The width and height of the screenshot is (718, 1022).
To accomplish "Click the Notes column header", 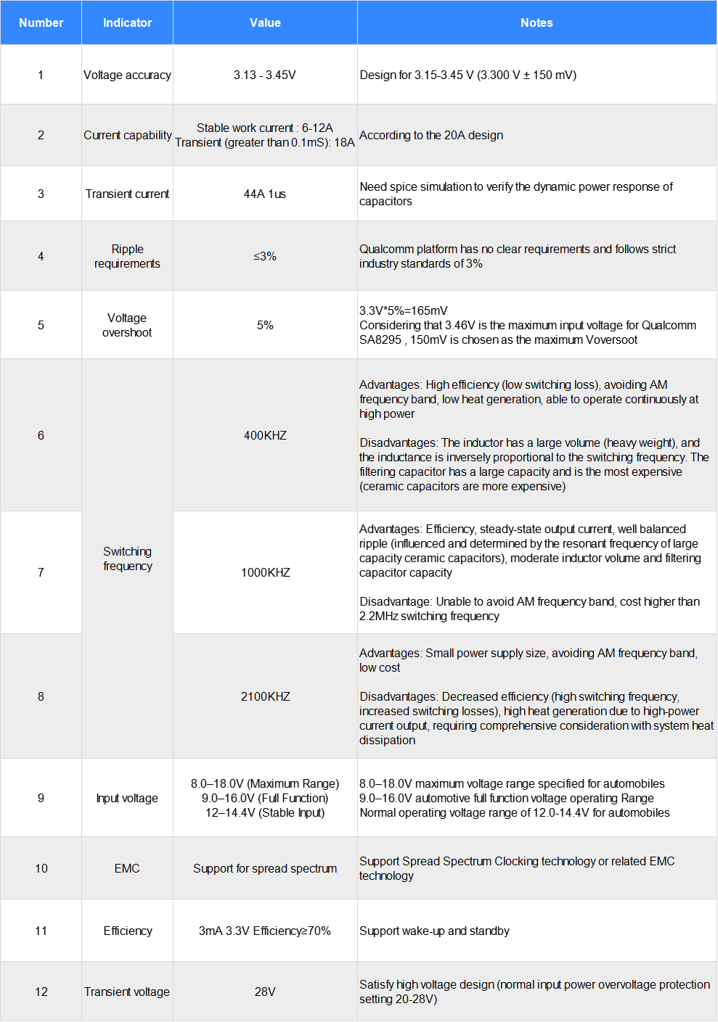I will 537,22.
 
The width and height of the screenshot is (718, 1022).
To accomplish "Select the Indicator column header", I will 127,22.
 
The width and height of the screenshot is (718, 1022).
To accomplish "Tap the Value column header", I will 265,22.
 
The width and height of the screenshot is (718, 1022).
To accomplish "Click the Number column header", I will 41,22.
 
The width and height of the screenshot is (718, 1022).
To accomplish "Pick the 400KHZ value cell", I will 265,435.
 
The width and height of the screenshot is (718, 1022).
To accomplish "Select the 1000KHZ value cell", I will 265,572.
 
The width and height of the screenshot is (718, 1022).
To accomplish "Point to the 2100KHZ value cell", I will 265,696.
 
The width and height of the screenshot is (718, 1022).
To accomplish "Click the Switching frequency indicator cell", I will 127,559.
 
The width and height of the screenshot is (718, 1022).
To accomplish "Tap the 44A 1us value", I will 265,194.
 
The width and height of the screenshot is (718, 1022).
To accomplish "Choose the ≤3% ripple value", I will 265,256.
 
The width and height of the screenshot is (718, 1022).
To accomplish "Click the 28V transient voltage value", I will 265,992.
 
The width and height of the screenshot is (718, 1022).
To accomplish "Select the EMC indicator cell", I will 127,868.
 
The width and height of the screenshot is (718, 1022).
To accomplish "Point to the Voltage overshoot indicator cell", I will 127,325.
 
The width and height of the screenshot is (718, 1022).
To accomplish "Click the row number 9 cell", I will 41,798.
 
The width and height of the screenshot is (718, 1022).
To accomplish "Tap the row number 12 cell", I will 41,992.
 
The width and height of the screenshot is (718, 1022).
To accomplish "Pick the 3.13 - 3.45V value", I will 265,75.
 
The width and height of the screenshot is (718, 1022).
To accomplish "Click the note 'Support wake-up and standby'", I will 434,931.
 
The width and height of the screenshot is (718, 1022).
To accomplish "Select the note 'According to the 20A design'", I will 431,135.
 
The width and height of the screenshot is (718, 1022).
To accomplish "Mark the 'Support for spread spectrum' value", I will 265,868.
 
